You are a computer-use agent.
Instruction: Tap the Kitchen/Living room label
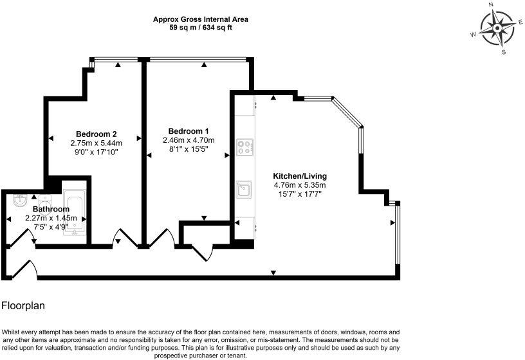click(x=300, y=175)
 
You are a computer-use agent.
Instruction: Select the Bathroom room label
click(x=51, y=210)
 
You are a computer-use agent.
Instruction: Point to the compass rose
click(x=498, y=28)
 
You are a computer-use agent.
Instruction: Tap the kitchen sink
click(x=244, y=188)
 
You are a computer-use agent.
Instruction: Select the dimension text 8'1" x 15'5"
click(x=187, y=149)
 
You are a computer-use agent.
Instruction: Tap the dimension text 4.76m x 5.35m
click(x=300, y=185)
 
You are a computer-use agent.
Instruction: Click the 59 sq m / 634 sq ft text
click(x=200, y=28)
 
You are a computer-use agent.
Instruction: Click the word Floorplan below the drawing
click(x=23, y=306)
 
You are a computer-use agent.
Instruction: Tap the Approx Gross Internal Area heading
click(x=200, y=19)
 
